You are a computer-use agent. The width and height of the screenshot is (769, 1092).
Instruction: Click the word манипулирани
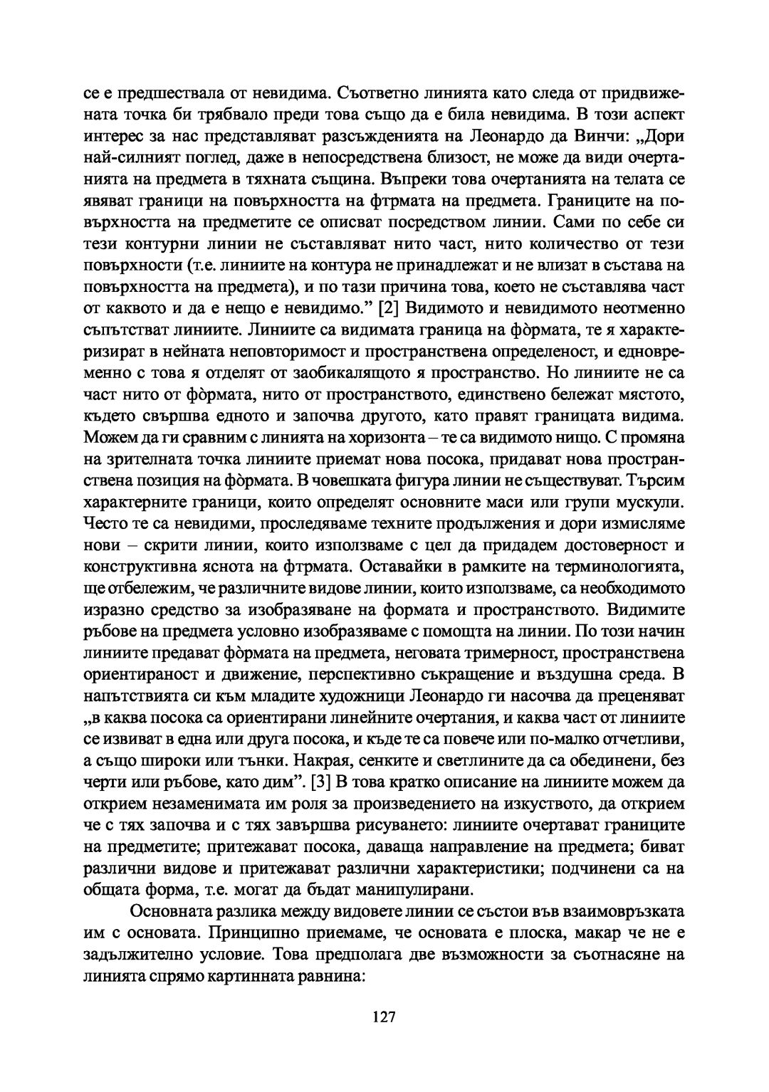tap(412, 889)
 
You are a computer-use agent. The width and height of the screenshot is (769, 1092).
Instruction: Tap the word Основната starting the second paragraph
tap(174, 913)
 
